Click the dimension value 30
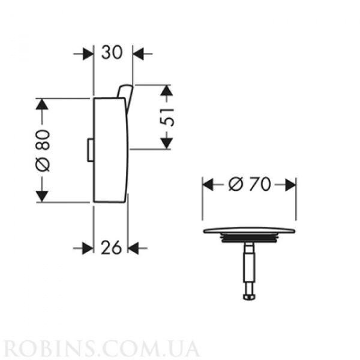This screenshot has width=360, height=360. pos(113,53)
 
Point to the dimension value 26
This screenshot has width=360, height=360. pos(111,247)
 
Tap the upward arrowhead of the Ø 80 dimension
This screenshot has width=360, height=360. pos(41,104)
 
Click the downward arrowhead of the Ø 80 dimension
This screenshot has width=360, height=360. pos(41,196)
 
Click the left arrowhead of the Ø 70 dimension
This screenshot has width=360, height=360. pos(208,185)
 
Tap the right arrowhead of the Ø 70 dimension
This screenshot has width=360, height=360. pos(290,185)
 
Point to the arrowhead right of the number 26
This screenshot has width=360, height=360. pos(134,247)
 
